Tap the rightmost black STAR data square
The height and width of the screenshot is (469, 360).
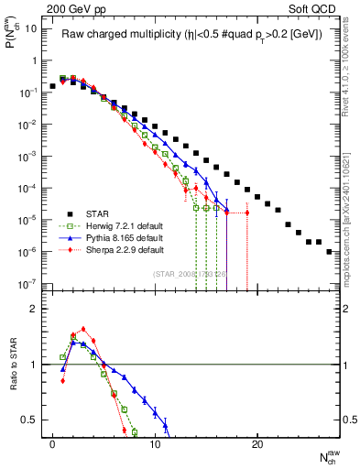[329, 251]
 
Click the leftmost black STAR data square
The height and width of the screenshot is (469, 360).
[53, 86]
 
